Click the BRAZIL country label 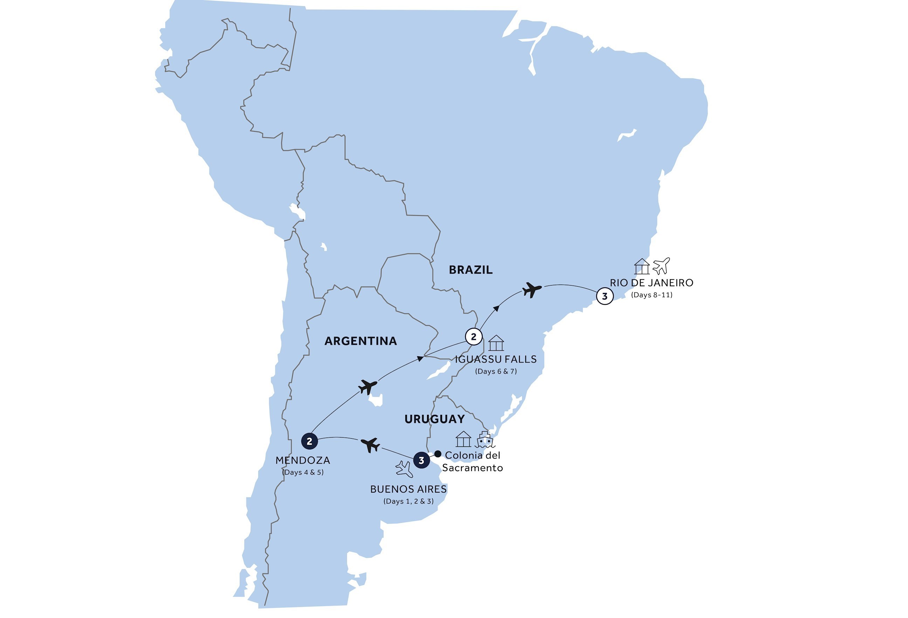click(470, 269)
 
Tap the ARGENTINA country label click(360, 341)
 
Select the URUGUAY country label click(434, 419)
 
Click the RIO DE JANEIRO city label click(651, 283)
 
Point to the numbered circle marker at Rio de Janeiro click(604, 296)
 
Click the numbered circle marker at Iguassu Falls click(474, 336)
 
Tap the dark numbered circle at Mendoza click(309, 441)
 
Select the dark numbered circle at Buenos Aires click(421, 460)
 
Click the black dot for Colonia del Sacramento click(438, 454)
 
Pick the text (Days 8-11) click(651, 295)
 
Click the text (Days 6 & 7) click(496, 371)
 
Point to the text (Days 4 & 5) click(303, 472)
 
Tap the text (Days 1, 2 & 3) click(408, 501)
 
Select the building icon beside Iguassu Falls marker click(496, 343)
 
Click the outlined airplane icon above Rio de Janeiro click(661, 266)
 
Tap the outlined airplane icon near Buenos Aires click(404, 469)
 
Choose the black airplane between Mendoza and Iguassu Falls click(368, 387)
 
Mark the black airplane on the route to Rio click(532, 290)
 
